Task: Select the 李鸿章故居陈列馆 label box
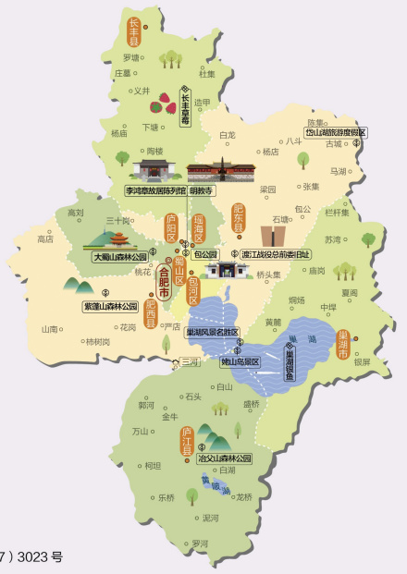tap(155, 190)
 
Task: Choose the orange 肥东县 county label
tap(238, 217)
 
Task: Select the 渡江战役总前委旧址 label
tap(277, 253)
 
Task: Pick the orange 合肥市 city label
tap(165, 281)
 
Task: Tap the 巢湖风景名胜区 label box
tap(212, 332)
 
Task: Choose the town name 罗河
tap(201, 543)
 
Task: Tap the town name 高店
tap(44, 238)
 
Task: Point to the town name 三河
tap(190, 362)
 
